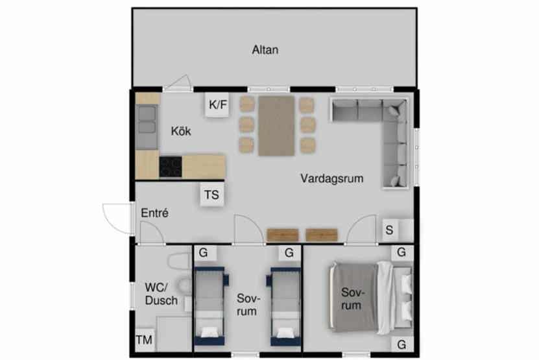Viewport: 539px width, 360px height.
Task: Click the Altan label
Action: tap(265, 50)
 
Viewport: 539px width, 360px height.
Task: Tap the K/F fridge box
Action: tap(217, 104)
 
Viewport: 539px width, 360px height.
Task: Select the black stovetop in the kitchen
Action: tap(171, 167)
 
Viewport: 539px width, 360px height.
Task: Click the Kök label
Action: tap(181, 131)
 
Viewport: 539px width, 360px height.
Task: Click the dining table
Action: tap(276, 126)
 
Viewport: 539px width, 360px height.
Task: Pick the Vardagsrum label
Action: tap(331, 178)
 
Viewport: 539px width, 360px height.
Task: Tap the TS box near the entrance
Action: tap(211, 195)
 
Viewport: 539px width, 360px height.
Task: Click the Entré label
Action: tap(154, 213)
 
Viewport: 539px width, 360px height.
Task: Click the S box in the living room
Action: tap(389, 230)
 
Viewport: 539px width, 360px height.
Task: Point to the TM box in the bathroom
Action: tap(145, 340)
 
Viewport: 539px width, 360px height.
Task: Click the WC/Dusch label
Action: tap(162, 294)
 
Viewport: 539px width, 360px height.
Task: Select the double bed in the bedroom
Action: tap(370, 298)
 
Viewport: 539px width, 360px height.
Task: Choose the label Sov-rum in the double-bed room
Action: tap(352, 299)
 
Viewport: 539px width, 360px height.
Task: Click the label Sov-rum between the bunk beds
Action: tap(248, 305)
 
